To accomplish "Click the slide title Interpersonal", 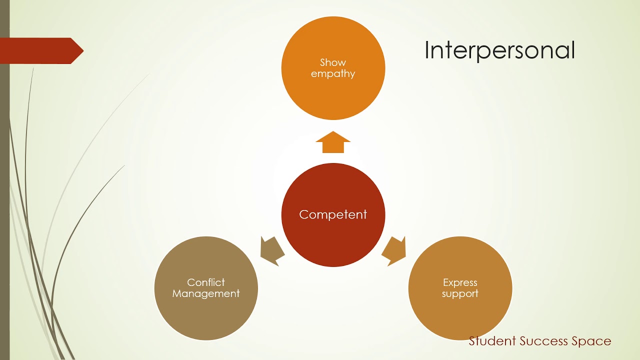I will pyautogui.click(x=499, y=50).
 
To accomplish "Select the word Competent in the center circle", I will pyautogui.click(x=333, y=214).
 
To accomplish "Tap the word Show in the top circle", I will pyautogui.click(x=333, y=62).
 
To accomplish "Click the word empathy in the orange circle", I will pyautogui.click(x=333, y=74).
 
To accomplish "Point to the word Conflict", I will pyautogui.click(x=206, y=282).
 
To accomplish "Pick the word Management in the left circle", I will pyautogui.click(x=206, y=294).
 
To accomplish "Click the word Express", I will pyautogui.click(x=460, y=282).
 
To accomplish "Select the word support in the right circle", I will pyautogui.click(x=460, y=294).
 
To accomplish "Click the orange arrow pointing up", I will pyautogui.click(x=333, y=142).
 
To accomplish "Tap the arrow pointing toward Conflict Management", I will pyautogui.click(x=271, y=250).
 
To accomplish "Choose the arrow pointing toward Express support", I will pyautogui.click(x=395, y=250).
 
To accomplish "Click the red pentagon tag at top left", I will pyautogui.click(x=40, y=50).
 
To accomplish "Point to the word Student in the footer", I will pyautogui.click(x=492, y=341).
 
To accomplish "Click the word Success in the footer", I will pyautogui.click(x=543, y=341).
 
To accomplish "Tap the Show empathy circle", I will pyautogui.click(x=333, y=95).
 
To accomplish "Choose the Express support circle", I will pyautogui.click(x=460, y=315).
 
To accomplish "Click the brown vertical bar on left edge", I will pyautogui.click(x=4, y=200).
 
